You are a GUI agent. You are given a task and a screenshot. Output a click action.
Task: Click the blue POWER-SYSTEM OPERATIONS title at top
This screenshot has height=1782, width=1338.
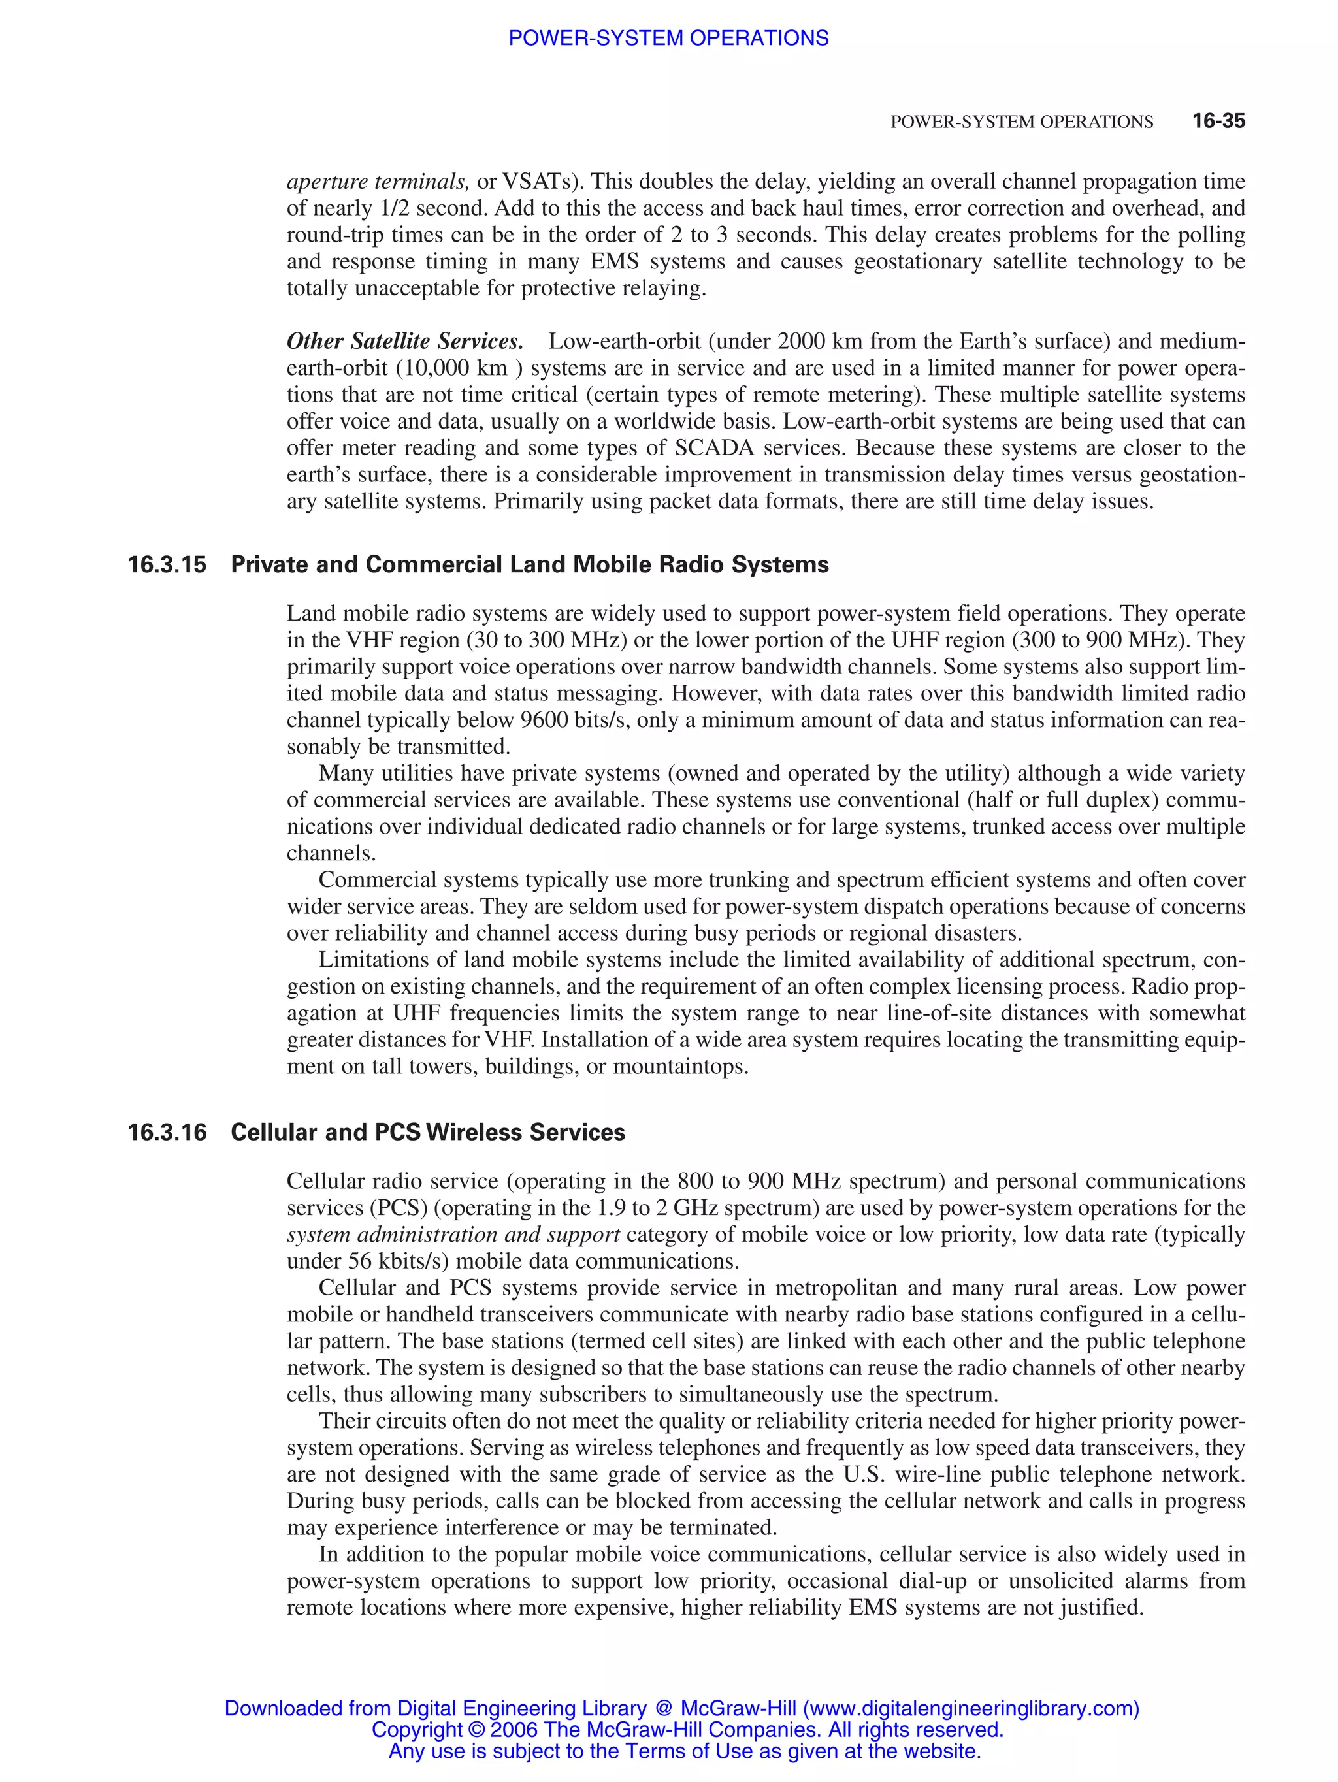point(668,38)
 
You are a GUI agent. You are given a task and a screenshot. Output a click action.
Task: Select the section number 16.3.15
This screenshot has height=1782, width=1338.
point(167,565)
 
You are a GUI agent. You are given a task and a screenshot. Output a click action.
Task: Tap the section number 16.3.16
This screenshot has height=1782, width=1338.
point(167,1133)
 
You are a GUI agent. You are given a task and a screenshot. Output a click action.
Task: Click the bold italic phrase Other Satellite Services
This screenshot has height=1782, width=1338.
point(404,342)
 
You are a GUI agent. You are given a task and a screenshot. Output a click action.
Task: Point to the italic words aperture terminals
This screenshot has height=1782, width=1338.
point(378,182)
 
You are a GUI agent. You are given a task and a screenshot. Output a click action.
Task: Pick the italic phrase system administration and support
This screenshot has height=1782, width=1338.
point(453,1235)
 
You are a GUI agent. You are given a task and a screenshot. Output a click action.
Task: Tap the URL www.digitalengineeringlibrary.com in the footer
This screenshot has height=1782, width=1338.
point(971,1709)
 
